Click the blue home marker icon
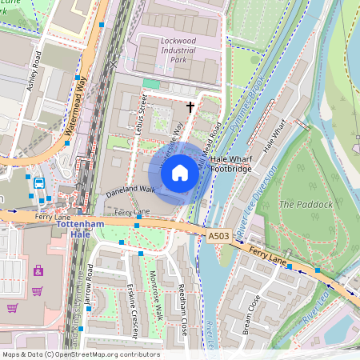coord(180,172)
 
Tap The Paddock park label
coord(305,204)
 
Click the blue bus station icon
coord(38,184)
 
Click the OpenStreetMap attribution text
coord(80,354)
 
